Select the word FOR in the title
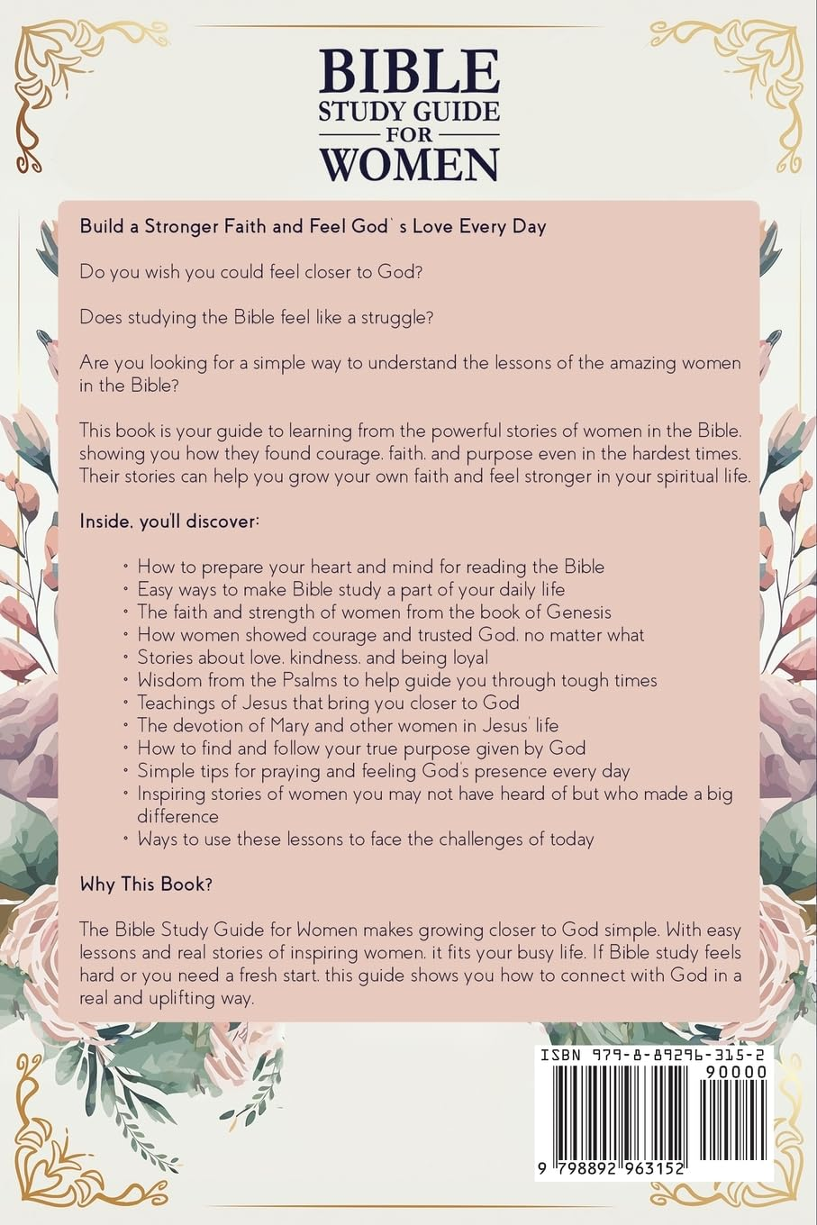(x=409, y=135)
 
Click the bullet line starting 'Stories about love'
(x=313, y=658)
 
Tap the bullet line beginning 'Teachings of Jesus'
(x=328, y=703)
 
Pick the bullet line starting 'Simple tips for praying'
(x=383, y=771)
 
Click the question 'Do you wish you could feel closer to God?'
(x=250, y=271)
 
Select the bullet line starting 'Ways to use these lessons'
(x=365, y=839)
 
